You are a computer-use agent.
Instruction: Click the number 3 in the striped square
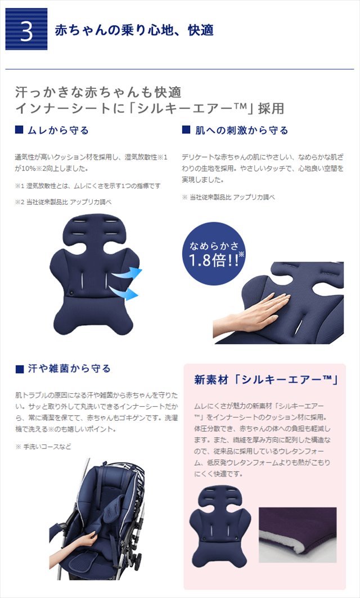pyautogui.click(x=26, y=32)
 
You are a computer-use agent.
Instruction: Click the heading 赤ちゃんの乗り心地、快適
pyautogui.click(x=134, y=30)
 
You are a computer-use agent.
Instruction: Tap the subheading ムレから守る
pyautogui.click(x=58, y=131)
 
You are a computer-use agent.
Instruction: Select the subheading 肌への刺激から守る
pyautogui.click(x=241, y=131)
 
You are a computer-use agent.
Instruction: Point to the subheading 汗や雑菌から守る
pyautogui.click(x=69, y=368)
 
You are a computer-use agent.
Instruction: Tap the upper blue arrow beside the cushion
pyautogui.click(x=128, y=273)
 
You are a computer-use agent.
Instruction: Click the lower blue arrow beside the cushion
pyautogui.click(x=124, y=293)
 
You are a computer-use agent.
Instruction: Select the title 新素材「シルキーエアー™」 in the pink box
pyautogui.click(x=266, y=380)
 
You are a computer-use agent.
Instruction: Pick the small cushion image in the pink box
pyautogui.click(x=220, y=527)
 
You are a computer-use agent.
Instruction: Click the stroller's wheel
pyautogui.click(x=136, y=561)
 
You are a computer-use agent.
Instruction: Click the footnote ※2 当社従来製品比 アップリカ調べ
pyautogui.click(x=64, y=202)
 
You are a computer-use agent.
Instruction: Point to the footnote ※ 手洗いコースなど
pyautogui.click(x=43, y=447)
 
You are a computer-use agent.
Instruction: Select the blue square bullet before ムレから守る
pyautogui.click(x=19, y=130)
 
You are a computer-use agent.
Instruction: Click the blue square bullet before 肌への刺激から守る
pyautogui.click(x=186, y=130)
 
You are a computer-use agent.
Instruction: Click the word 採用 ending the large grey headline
pyautogui.click(x=271, y=109)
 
